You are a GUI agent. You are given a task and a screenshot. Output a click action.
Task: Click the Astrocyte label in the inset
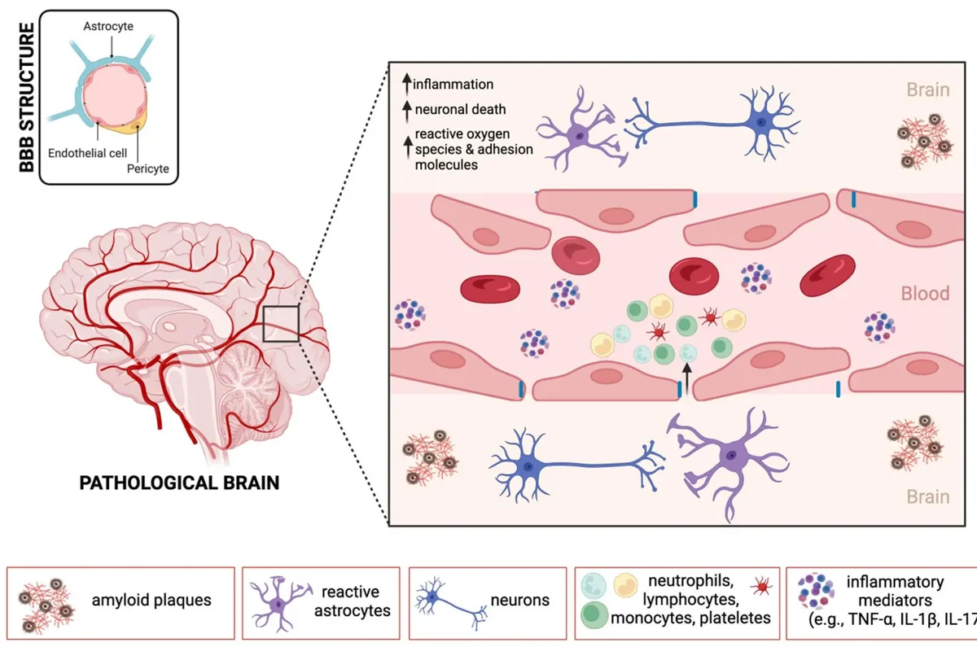(108, 26)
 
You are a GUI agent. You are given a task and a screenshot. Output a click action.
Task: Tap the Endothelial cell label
(87, 153)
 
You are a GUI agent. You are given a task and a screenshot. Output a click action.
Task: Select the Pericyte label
(148, 168)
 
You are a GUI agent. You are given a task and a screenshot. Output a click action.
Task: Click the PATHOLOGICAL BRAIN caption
(179, 483)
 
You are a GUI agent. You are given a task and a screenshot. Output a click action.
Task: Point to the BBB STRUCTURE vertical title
(27, 98)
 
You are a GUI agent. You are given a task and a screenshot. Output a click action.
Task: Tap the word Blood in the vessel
(925, 294)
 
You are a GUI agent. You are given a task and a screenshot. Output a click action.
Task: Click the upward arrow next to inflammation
(407, 84)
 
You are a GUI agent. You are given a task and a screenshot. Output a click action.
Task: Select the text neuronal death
(460, 109)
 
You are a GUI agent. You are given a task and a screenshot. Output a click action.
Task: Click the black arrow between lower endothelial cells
(687, 378)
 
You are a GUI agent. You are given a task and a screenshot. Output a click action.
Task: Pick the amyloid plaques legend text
(151, 600)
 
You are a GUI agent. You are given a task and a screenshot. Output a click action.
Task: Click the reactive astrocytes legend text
(352, 601)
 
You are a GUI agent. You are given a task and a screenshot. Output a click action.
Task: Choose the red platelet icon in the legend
(761, 586)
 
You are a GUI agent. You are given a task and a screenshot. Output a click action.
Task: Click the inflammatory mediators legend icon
(816, 591)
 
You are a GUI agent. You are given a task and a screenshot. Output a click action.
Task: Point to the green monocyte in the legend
(594, 614)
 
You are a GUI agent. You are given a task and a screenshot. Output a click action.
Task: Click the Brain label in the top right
(928, 90)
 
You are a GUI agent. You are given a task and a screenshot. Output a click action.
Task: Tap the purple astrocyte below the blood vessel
(728, 457)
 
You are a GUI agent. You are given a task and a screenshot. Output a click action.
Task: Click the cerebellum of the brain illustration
(248, 379)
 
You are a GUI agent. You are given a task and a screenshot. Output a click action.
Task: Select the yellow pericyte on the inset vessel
(133, 125)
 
